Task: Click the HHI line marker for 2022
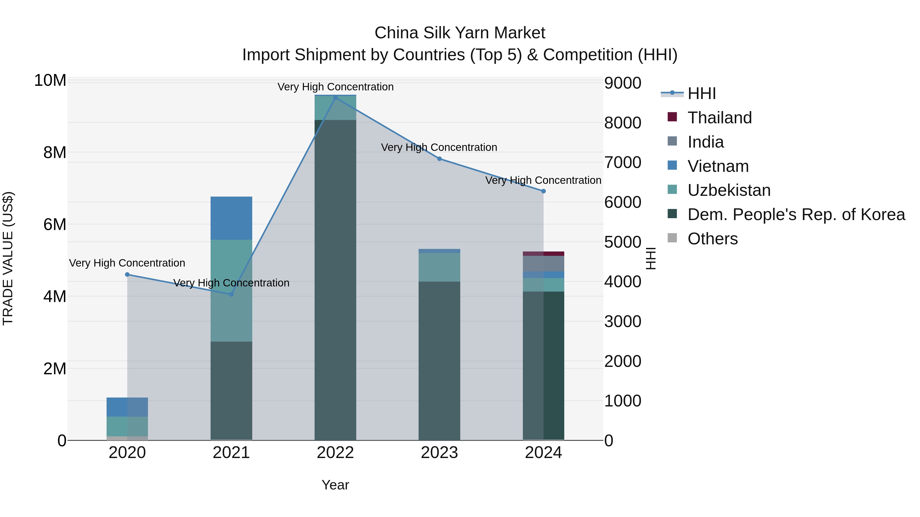tap(335, 98)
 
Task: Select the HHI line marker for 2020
tap(128, 274)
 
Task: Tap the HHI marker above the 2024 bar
tap(544, 191)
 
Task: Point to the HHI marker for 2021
tap(231, 294)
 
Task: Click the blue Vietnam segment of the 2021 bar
tap(231, 218)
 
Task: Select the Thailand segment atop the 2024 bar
tap(544, 254)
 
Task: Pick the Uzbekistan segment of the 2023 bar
tap(439, 267)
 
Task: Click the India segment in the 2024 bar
tap(544, 264)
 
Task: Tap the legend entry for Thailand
tap(719, 118)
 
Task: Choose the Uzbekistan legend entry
tap(729, 190)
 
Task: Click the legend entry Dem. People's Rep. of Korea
tap(796, 214)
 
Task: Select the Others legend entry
tap(712, 239)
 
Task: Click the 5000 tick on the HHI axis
tap(623, 242)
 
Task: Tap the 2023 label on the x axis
tap(439, 453)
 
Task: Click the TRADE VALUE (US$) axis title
tap(8, 258)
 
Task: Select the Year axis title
tap(335, 485)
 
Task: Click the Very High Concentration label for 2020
tap(127, 263)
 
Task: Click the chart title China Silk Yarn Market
tap(460, 33)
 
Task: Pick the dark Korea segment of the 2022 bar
tap(335, 278)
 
